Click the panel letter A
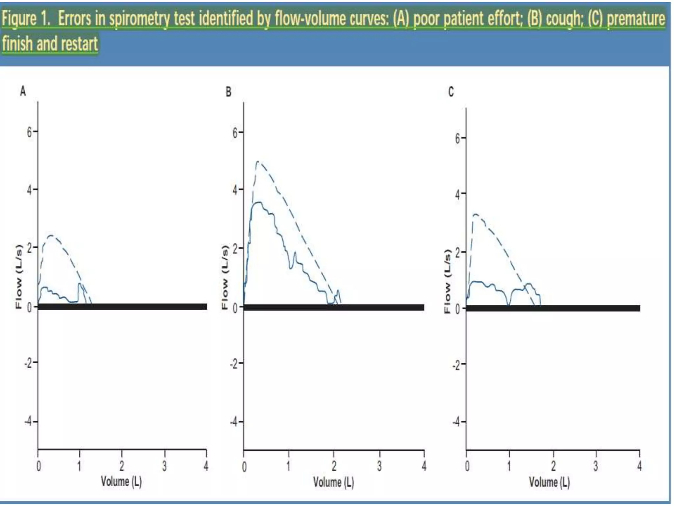(23, 91)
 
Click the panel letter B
(228, 92)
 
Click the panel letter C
(451, 92)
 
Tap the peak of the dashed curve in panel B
(258, 161)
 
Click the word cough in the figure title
(563, 19)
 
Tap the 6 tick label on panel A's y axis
(30, 132)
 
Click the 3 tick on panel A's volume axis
(164, 466)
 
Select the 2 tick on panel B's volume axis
(334, 466)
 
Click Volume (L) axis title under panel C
(549, 482)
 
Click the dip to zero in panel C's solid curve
(508, 304)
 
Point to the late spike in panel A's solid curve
(80, 284)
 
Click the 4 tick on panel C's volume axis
(639, 466)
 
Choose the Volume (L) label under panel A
(121, 482)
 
